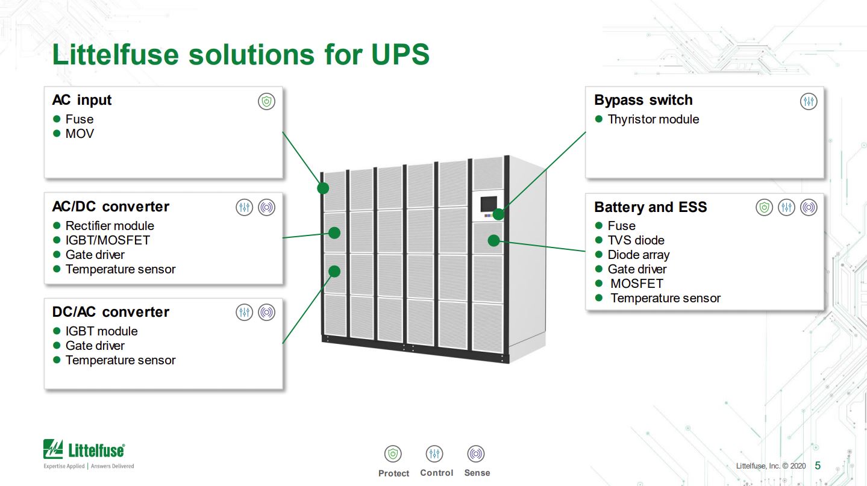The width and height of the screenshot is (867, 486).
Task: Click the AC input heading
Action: tap(82, 100)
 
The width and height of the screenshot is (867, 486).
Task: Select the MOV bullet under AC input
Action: tap(80, 134)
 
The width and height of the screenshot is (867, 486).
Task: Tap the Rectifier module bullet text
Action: tap(110, 226)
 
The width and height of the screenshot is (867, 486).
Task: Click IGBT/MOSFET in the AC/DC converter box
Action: tap(108, 240)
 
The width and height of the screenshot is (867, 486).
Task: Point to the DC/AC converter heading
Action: tap(111, 312)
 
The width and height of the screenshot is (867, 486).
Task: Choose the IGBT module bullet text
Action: tap(101, 331)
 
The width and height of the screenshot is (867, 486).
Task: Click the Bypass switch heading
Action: tap(643, 100)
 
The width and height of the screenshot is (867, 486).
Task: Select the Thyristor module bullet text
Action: tap(653, 119)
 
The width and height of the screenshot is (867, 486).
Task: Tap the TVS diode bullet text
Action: tap(636, 240)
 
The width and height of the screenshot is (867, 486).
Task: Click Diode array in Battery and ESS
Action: tap(639, 255)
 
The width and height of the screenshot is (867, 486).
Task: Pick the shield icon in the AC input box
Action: tap(267, 101)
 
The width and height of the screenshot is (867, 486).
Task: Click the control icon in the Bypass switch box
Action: tap(809, 101)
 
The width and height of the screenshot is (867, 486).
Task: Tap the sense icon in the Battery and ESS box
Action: tap(809, 207)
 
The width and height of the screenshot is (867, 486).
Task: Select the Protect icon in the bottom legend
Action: tap(393, 453)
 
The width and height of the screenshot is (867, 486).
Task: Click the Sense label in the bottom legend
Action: tap(477, 473)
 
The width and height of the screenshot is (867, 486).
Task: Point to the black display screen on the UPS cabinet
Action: tap(489, 204)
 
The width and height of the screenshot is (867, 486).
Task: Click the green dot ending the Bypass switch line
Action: tap(498, 214)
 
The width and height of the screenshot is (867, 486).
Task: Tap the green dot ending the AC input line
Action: tap(323, 188)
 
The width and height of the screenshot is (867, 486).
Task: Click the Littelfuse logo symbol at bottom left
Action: tap(53, 449)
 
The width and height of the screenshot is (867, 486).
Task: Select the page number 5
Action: tap(818, 466)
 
